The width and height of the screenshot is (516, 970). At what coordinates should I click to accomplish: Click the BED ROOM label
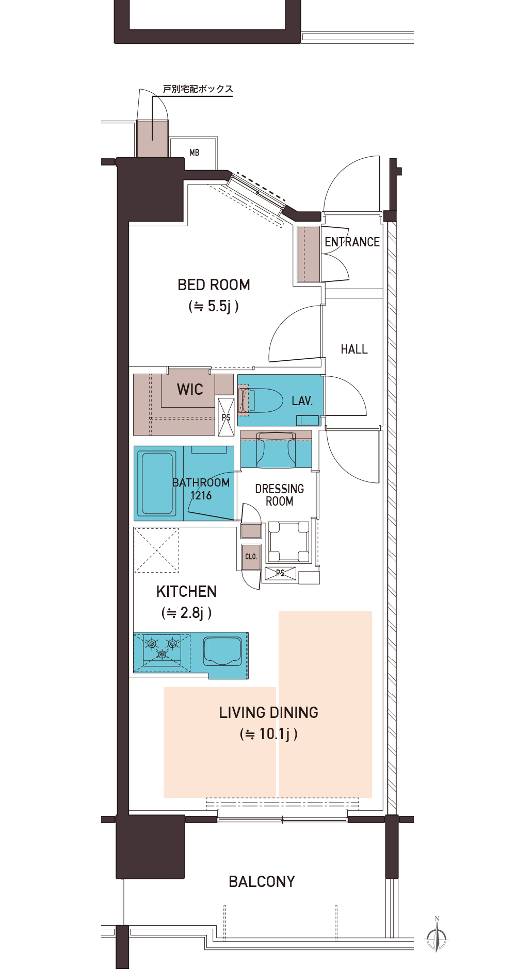click(214, 285)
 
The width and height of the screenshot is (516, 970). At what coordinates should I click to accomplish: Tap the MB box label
click(194, 153)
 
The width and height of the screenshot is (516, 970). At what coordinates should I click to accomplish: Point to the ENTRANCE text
click(352, 242)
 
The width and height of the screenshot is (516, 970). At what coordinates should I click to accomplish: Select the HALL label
click(354, 349)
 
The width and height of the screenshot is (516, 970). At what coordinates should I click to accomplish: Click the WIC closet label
click(190, 389)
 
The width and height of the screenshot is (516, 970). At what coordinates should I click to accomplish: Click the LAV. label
click(302, 400)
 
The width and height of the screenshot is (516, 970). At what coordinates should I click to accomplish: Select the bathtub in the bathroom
click(157, 483)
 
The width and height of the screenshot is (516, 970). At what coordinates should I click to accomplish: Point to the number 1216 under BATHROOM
click(201, 496)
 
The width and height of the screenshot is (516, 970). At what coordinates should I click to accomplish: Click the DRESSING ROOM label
click(279, 495)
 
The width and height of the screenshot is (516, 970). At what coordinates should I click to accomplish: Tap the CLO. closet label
click(251, 557)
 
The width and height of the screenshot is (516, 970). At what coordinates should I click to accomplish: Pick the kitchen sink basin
click(222, 651)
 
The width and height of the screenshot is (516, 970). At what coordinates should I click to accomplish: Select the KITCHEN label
click(186, 591)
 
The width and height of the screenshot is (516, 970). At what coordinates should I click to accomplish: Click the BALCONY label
click(262, 882)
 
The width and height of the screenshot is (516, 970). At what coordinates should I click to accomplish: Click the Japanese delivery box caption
click(198, 89)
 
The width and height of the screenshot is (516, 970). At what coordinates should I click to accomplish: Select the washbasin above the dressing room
click(276, 449)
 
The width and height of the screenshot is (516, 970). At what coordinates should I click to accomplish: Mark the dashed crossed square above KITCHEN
click(156, 550)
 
